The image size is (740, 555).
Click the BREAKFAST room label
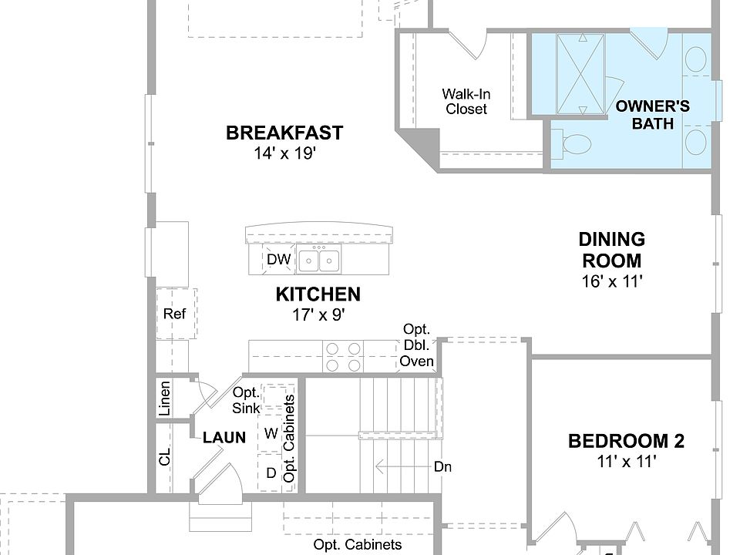pos(284,133)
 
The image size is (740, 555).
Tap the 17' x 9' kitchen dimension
pos(318,314)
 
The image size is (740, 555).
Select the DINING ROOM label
pos(612,250)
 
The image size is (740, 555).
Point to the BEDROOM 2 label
pos(626,441)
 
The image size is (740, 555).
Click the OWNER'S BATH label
pos(653,115)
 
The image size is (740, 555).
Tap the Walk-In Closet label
pos(466,102)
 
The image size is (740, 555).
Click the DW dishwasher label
pos(278,259)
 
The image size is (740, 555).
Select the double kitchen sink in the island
pos(319,260)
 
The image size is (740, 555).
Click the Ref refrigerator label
pos(174,314)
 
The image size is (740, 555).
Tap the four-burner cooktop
pos(343,356)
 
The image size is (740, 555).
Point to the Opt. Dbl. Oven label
pos(417,345)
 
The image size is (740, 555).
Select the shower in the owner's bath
pos(580,74)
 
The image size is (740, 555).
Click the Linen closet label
pos(164,399)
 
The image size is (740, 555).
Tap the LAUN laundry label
pos(224,438)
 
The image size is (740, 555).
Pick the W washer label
pos(271,433)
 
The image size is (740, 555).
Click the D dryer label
pos(271,473)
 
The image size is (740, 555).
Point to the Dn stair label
pos(442,467)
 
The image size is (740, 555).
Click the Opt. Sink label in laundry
pos(246,400)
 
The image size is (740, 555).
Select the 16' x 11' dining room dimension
pos(612,281)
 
